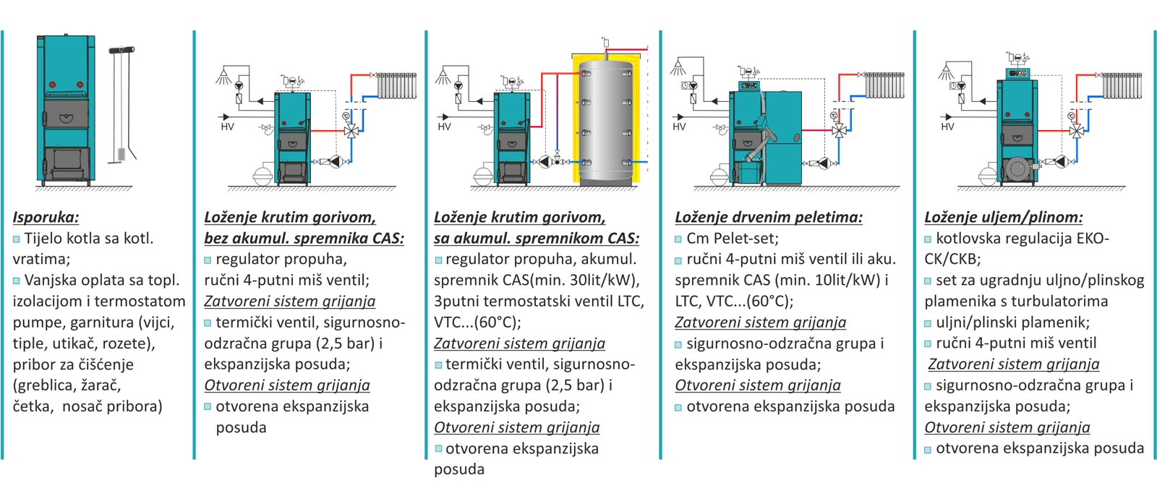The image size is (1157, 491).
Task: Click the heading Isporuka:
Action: (x=46, y=218)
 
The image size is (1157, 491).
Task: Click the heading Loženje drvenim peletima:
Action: (x=769, y=218)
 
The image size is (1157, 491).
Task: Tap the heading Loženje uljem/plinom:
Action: (x=1004, y=218)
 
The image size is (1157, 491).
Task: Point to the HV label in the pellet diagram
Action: (x=679, y=127)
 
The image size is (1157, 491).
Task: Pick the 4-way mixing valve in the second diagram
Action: (x=351, y=131)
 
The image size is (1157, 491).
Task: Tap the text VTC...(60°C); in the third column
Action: (x=477, y=323)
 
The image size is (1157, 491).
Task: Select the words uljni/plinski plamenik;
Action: (x=1012, y=323)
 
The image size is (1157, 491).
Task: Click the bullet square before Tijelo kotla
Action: (x=17, y=239)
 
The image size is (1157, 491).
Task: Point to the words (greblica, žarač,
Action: (x=67, y=385)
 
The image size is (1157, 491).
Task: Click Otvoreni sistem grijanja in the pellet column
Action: (x=758, y=385)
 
